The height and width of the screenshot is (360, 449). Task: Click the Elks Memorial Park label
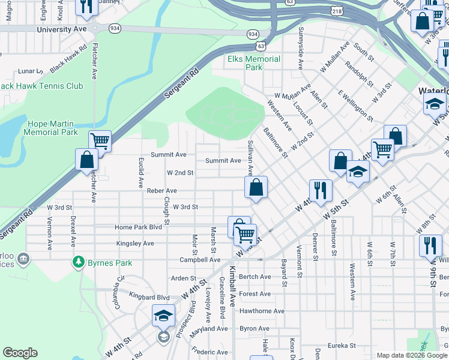[253, 63]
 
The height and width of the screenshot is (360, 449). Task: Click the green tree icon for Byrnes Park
[78, 262]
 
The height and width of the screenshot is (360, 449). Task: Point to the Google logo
[20, 353]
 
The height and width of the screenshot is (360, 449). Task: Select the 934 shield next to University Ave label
[115, 28]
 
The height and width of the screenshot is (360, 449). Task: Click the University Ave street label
[61, 29]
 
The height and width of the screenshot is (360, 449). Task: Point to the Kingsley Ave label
[135, 244]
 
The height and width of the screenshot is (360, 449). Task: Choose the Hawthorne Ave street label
[262, 311]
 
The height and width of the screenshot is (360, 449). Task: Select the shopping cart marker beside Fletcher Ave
[100, 142]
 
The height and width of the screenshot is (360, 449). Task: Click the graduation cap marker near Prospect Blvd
[164, 315]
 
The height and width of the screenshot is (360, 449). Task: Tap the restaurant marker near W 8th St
[430, 245]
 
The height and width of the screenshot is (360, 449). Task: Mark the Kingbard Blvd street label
[149, 297]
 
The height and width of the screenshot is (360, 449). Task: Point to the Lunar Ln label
[28, 71]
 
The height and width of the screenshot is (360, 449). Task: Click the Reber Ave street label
[161, 190]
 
